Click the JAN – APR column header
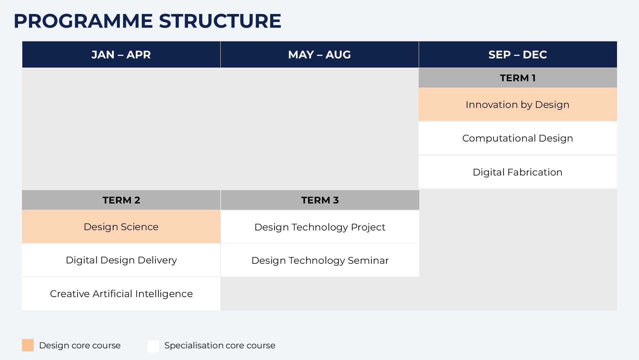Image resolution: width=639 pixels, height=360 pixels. (121, 55)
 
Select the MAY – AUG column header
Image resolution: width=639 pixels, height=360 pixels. (319, 55)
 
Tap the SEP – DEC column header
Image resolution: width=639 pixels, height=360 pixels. (518, 55)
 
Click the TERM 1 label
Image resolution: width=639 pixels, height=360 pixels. (518, 78)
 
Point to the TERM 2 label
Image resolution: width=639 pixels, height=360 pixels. (121, 200)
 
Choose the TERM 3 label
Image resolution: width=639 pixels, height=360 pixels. (320, 200)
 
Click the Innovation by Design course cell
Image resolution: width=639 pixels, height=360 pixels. (518, 105)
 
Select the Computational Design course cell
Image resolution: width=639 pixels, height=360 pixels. (518, 138)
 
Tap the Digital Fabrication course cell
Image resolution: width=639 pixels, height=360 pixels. (518, 172)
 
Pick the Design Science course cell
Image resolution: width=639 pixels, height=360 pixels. (121, 227)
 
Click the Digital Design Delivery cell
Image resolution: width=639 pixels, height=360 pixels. (121, 260)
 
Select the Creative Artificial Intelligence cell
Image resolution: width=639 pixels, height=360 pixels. (121, 294)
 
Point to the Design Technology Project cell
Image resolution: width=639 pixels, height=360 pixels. (320, 227)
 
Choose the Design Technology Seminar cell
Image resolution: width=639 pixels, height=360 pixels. (320, 260)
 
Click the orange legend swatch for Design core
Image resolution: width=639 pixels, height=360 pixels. (28, 345)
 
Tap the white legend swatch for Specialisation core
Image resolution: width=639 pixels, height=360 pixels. (153, 346)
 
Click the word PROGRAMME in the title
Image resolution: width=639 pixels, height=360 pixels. (83, 21)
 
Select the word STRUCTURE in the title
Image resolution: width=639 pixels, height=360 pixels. (220, 21)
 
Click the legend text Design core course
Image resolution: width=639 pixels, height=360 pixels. (80, 345)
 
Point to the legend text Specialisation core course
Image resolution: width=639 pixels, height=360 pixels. (220, 346)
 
